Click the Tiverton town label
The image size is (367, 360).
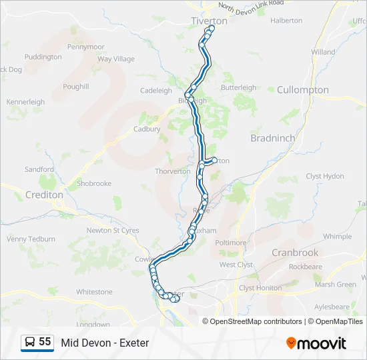tap(209, 21)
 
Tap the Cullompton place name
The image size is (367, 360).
tap(302, 90)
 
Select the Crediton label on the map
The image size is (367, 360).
tap(43, 195)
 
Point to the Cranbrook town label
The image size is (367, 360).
tap(296, 253)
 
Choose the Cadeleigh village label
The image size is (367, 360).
tap(156, 91)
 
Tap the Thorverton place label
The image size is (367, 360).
tap(172, 171)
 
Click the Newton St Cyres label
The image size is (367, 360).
tap(113, 231)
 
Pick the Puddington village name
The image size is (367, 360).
tap(43, 57)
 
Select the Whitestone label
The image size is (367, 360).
tap(94, 292)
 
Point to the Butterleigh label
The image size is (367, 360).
tap(238, 87)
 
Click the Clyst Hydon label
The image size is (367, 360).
tap(325, 176)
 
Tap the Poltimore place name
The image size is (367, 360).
tap(231, 243)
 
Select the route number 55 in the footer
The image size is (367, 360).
tap(45, 342)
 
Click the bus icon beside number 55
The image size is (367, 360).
tap(30, 343)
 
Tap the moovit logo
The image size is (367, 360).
tap(316, 343)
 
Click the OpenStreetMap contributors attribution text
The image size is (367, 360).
tap(256, 321)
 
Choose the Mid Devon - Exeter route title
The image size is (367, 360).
tap(105, 343)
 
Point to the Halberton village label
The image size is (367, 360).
tap(286, 21)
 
